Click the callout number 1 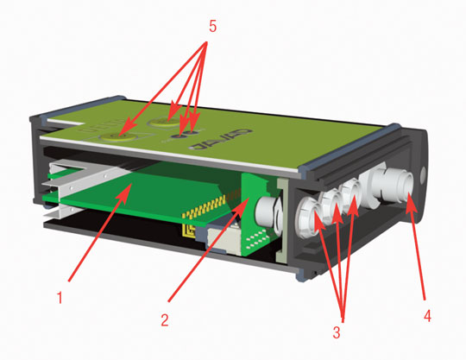tap(59, 300)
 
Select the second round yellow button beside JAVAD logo tap(167, 120)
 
